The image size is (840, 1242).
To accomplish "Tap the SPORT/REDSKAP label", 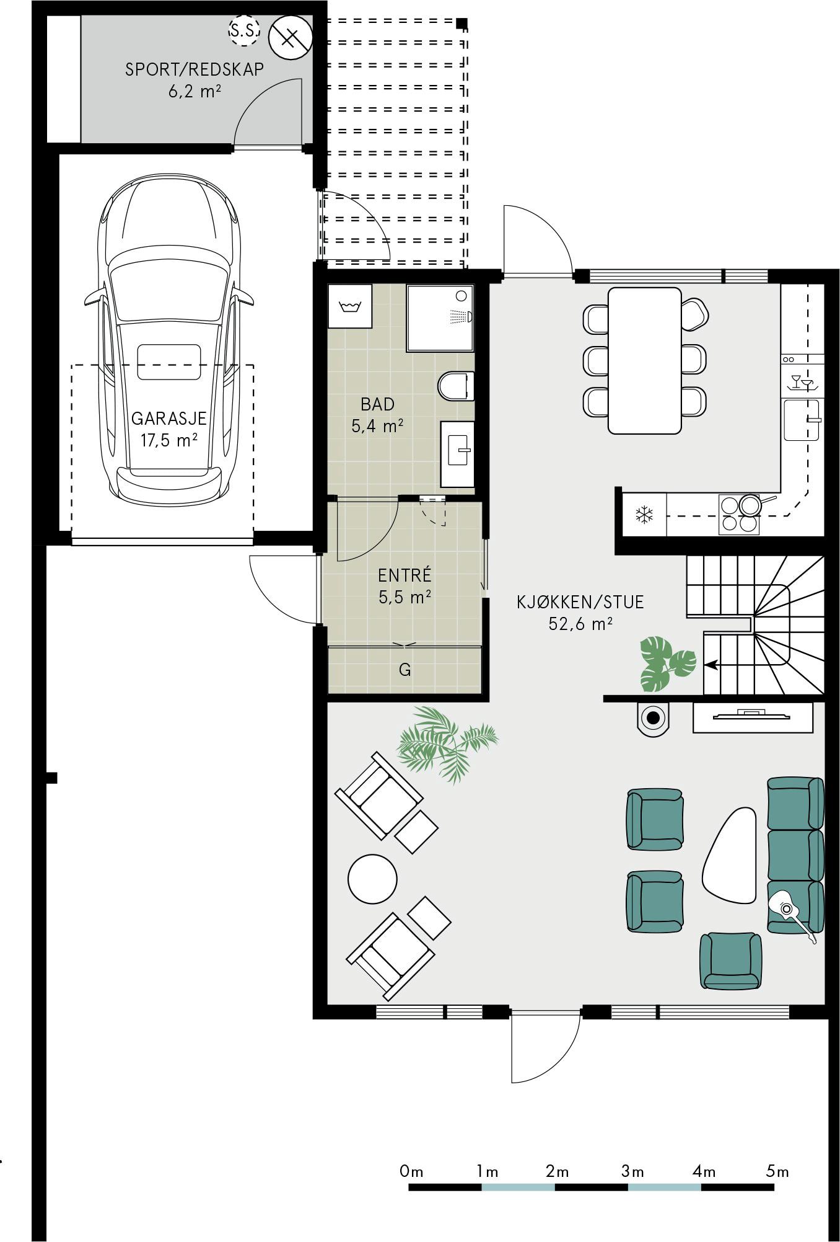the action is coord(195,69).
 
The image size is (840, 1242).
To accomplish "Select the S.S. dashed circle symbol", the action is coord(244,30).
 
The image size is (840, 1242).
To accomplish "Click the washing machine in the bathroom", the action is coord(350,306).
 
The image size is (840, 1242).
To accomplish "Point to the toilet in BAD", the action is coord(456,386).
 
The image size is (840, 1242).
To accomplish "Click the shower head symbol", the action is coord(461,316).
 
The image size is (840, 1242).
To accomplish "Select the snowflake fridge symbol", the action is coord(645,514).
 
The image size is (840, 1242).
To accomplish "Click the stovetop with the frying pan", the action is coord(740,514).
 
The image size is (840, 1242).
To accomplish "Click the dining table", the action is coord(645,360).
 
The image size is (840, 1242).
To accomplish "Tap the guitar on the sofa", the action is coord(794,916).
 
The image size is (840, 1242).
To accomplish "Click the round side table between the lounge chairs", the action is coord(372,879).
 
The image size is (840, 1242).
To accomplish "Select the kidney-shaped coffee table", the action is coord(730,855).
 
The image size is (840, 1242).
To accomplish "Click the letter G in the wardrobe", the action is coord(405,670).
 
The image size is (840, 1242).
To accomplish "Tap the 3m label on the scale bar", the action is coord(633,1171).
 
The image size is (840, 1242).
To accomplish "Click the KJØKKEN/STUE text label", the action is coord(580,601).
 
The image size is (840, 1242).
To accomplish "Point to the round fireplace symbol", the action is coord(653,719).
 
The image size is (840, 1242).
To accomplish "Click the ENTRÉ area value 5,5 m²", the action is coord(405,597).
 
